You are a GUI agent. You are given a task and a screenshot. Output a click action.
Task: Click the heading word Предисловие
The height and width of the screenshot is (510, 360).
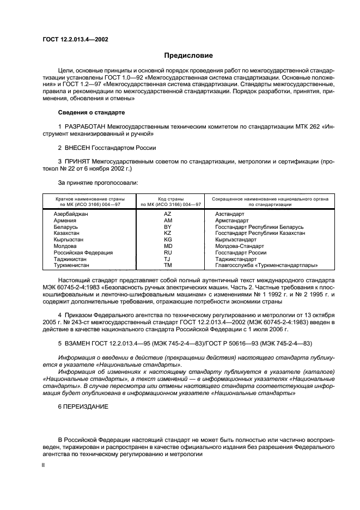point(188,55)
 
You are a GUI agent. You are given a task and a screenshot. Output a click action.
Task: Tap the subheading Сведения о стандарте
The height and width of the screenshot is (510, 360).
point(91,112)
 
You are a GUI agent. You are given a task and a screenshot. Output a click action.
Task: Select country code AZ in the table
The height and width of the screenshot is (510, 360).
point(168,214)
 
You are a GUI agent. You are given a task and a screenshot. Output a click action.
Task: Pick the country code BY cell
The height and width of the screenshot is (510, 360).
point(168,227)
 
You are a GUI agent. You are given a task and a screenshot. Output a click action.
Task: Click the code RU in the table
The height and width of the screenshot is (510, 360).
point(168,253)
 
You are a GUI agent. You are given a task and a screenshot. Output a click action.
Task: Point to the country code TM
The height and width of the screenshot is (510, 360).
point(168,266)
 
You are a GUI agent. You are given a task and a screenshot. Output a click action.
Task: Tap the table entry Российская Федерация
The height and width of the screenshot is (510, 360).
point(83,253)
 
